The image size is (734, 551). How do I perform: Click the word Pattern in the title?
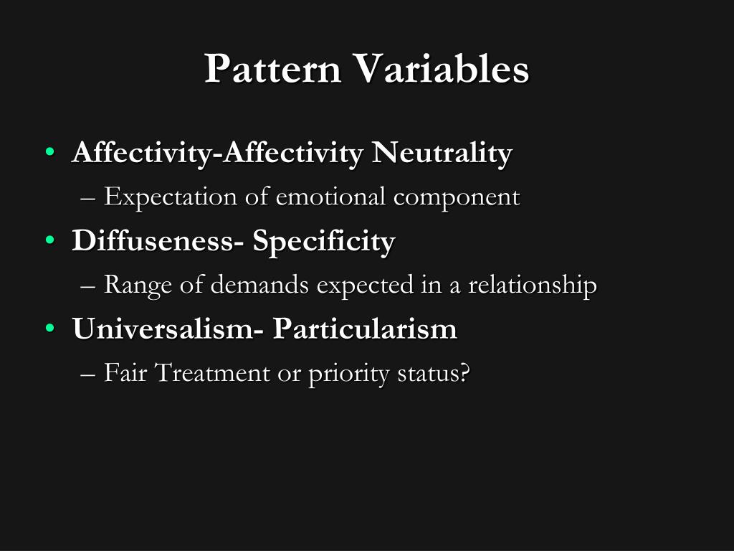point(273,70)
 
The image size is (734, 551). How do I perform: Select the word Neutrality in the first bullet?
point(442,153)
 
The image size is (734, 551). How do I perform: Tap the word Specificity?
point(323,242)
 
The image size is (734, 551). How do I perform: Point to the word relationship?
point(533,286)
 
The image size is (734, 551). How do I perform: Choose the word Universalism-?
point(168,329)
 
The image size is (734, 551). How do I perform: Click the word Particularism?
point(365,329)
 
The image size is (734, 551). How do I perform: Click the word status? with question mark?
point(433,374)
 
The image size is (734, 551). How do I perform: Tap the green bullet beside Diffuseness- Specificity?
point(49,242)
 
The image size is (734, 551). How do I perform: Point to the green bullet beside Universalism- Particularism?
point(49,329)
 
